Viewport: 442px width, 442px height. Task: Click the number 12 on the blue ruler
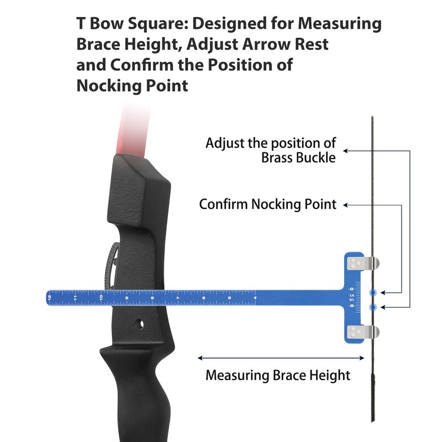(50, 298)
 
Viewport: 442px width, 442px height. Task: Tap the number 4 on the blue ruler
(255, 298)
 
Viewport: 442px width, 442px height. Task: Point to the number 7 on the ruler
(178, 298)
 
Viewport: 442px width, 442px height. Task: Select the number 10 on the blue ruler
(101, 298)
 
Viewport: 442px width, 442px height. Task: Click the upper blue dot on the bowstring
(373, 292)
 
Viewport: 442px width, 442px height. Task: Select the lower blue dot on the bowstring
(373, 306)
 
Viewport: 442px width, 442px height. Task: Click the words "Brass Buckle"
(298, 159)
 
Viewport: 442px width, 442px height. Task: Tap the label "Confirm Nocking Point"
(267, 204)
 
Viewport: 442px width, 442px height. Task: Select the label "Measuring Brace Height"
(278, 376)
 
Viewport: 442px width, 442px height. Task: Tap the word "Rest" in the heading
(313, 45)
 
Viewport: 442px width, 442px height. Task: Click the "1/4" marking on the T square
(351, 296)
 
